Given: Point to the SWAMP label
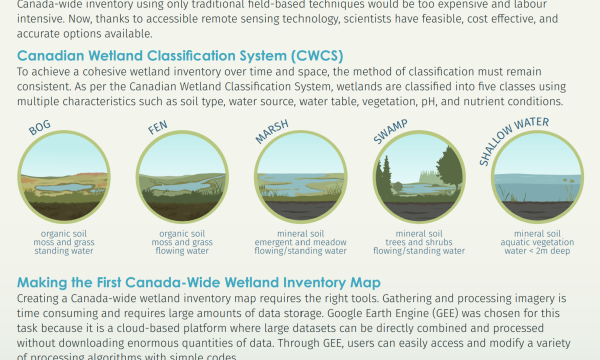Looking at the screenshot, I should point(390,131).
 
